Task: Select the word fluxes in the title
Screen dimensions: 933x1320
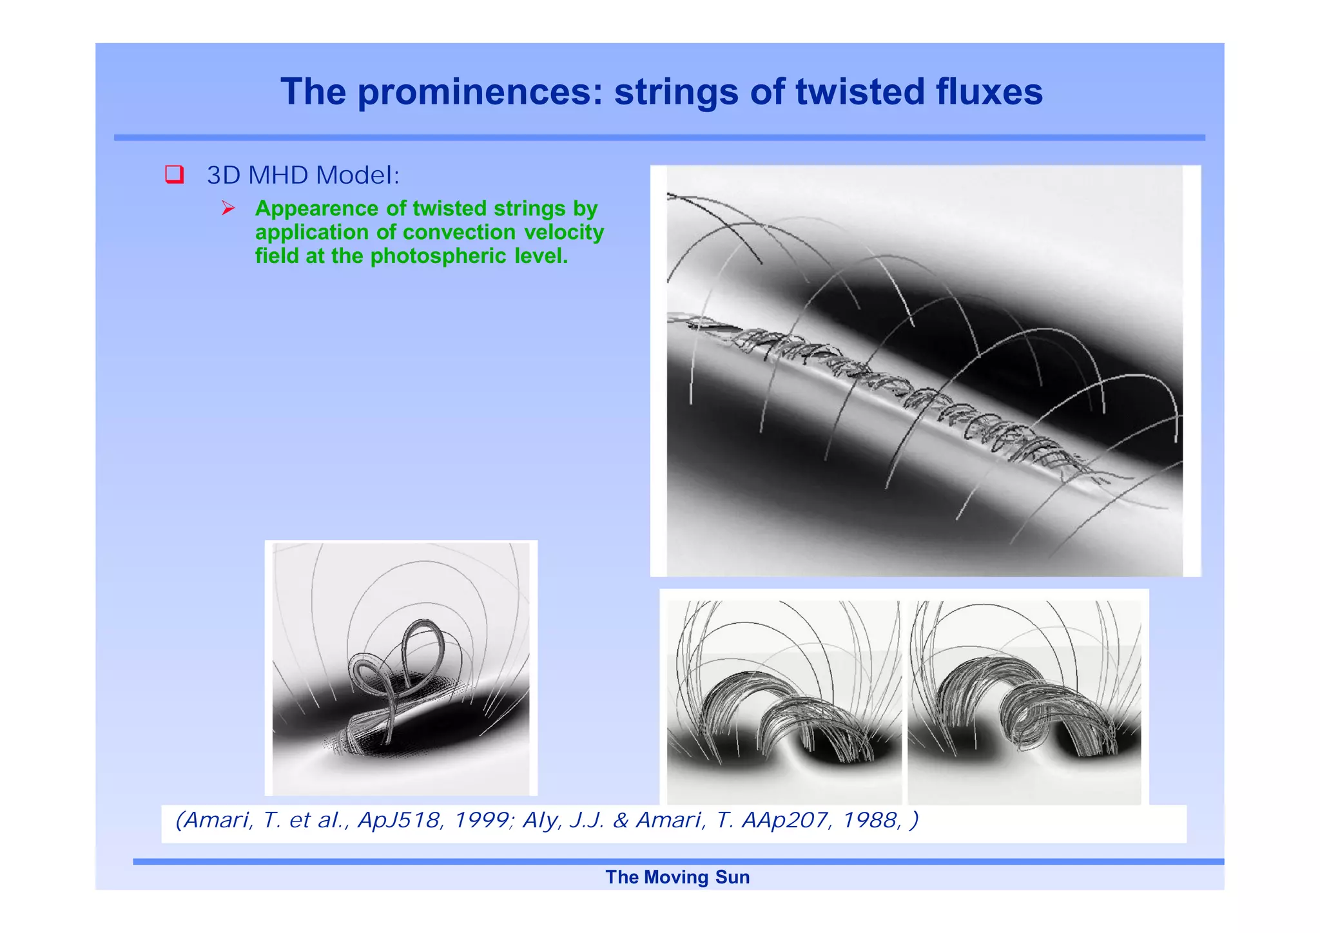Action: (x=989, y=92)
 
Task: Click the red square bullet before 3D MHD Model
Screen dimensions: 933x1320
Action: (x=175, y=175)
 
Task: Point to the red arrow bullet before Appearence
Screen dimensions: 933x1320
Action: (x=228, y=208)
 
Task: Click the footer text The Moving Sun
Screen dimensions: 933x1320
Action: (x=677, y=877)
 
